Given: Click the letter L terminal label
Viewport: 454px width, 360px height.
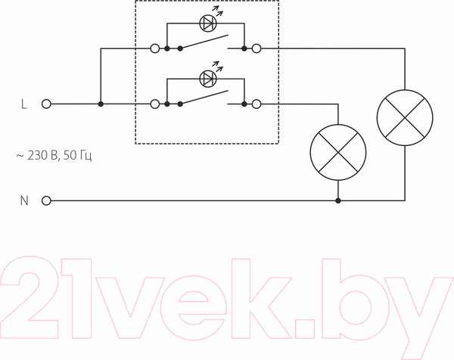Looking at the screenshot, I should click(23, 104).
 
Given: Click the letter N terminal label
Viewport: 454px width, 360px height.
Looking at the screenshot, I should click(23, 201).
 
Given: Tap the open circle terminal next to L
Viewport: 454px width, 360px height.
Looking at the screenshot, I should click(46, 104).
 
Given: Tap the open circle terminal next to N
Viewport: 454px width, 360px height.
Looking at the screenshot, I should click(46, 201).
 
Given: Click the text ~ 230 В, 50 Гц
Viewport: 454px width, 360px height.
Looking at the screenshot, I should click(55, 155).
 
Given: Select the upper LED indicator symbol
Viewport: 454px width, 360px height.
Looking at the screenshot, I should click(207, 23).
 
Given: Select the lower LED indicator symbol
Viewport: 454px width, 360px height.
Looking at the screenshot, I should click(207, 78).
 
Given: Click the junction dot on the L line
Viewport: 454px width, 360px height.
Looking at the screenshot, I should click(101, 104).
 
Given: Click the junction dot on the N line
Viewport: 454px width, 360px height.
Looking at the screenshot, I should click(337, 201).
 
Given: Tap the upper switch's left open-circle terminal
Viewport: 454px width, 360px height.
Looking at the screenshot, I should click(155, 49).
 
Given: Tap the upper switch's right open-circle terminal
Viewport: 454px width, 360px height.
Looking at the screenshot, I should click(257, 49).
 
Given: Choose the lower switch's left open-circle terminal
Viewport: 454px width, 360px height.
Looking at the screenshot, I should click(155, 104).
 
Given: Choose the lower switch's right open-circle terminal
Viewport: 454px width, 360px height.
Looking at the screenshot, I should click(257, 104).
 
